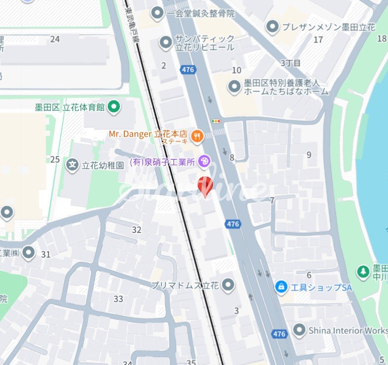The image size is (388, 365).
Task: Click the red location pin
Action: (205, 186)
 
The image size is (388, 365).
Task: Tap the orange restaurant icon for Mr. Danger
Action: (197, 137)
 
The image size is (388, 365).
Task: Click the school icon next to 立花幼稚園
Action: (73, 165)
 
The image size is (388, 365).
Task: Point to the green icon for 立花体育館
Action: (114, 107)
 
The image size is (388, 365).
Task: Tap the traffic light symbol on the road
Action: (215, 121)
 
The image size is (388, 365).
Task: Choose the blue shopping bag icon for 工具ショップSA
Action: (281, 287)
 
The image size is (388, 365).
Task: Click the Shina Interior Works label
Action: (348, 330)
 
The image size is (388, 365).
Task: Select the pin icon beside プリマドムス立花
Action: (228, 285)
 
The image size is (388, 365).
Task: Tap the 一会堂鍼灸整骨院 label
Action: (200, 14)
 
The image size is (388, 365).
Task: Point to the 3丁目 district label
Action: (291, 63)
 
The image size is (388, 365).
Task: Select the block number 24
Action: (55, 39)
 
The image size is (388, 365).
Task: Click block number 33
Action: (118, 299)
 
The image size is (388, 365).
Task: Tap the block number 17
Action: (318, 40)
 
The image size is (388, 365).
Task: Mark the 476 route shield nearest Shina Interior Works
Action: (279, 334)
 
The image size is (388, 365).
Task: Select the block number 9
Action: (309, 155)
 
